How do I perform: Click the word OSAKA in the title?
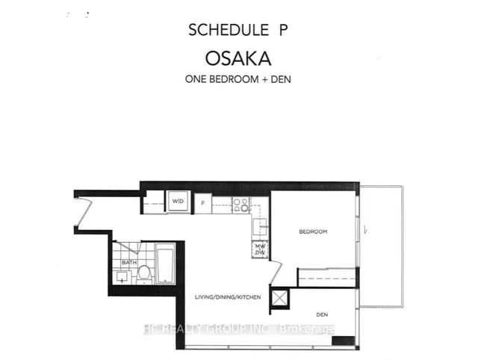pos(238,58)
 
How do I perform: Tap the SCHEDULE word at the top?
pos(229,30)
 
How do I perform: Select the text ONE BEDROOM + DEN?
pos(238,79)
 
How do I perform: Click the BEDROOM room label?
pos(313,232)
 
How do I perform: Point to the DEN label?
pos(322,314)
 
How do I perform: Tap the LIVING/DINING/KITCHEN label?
pos(228,297)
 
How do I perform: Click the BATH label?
pos(129,262)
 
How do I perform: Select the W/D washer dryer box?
pos(178,201)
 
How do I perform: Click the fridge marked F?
pos(203,203)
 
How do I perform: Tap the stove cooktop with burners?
pos(240,205)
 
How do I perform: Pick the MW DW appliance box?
pos(260,249)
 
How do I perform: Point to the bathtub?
pos(165,263)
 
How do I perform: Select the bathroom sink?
pos(122,276)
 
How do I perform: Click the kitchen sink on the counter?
pos(260,227)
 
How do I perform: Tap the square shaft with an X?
pos(279,298)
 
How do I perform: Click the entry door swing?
pos(84,212)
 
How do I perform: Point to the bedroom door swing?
pos(276,272)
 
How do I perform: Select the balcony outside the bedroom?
pos(382,246)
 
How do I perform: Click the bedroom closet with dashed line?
pos(326,277)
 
